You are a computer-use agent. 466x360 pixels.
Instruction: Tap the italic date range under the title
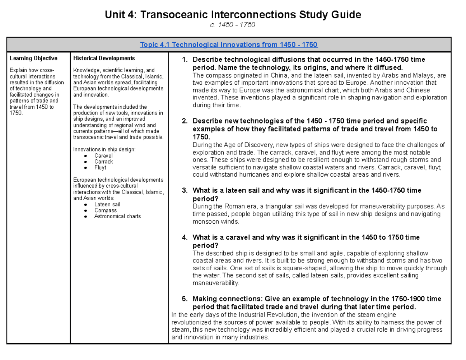coord(233,25)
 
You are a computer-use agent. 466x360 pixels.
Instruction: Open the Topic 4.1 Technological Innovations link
coord(229,45)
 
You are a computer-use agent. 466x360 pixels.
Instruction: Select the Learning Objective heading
coord(33,58)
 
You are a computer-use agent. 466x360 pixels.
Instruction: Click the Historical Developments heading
coord(104,58)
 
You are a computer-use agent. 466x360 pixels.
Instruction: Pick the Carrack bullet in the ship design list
coord(104,162)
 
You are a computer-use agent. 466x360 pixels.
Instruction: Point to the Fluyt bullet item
coord(100,168)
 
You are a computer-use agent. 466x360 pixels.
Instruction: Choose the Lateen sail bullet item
coord(107,204)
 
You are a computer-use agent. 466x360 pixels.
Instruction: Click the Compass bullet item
coord(105,210)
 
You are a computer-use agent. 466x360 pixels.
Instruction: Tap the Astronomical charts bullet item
coord(118,216)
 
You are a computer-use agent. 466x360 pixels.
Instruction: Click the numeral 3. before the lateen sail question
coord(185,190)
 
